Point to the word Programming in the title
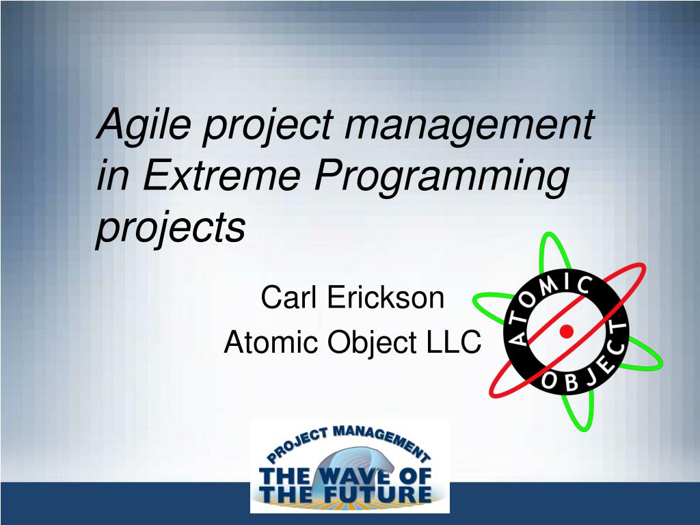point(442,176)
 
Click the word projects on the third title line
point(170,228)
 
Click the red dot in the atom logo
point(566,332)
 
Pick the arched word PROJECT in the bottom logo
point(298,444)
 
